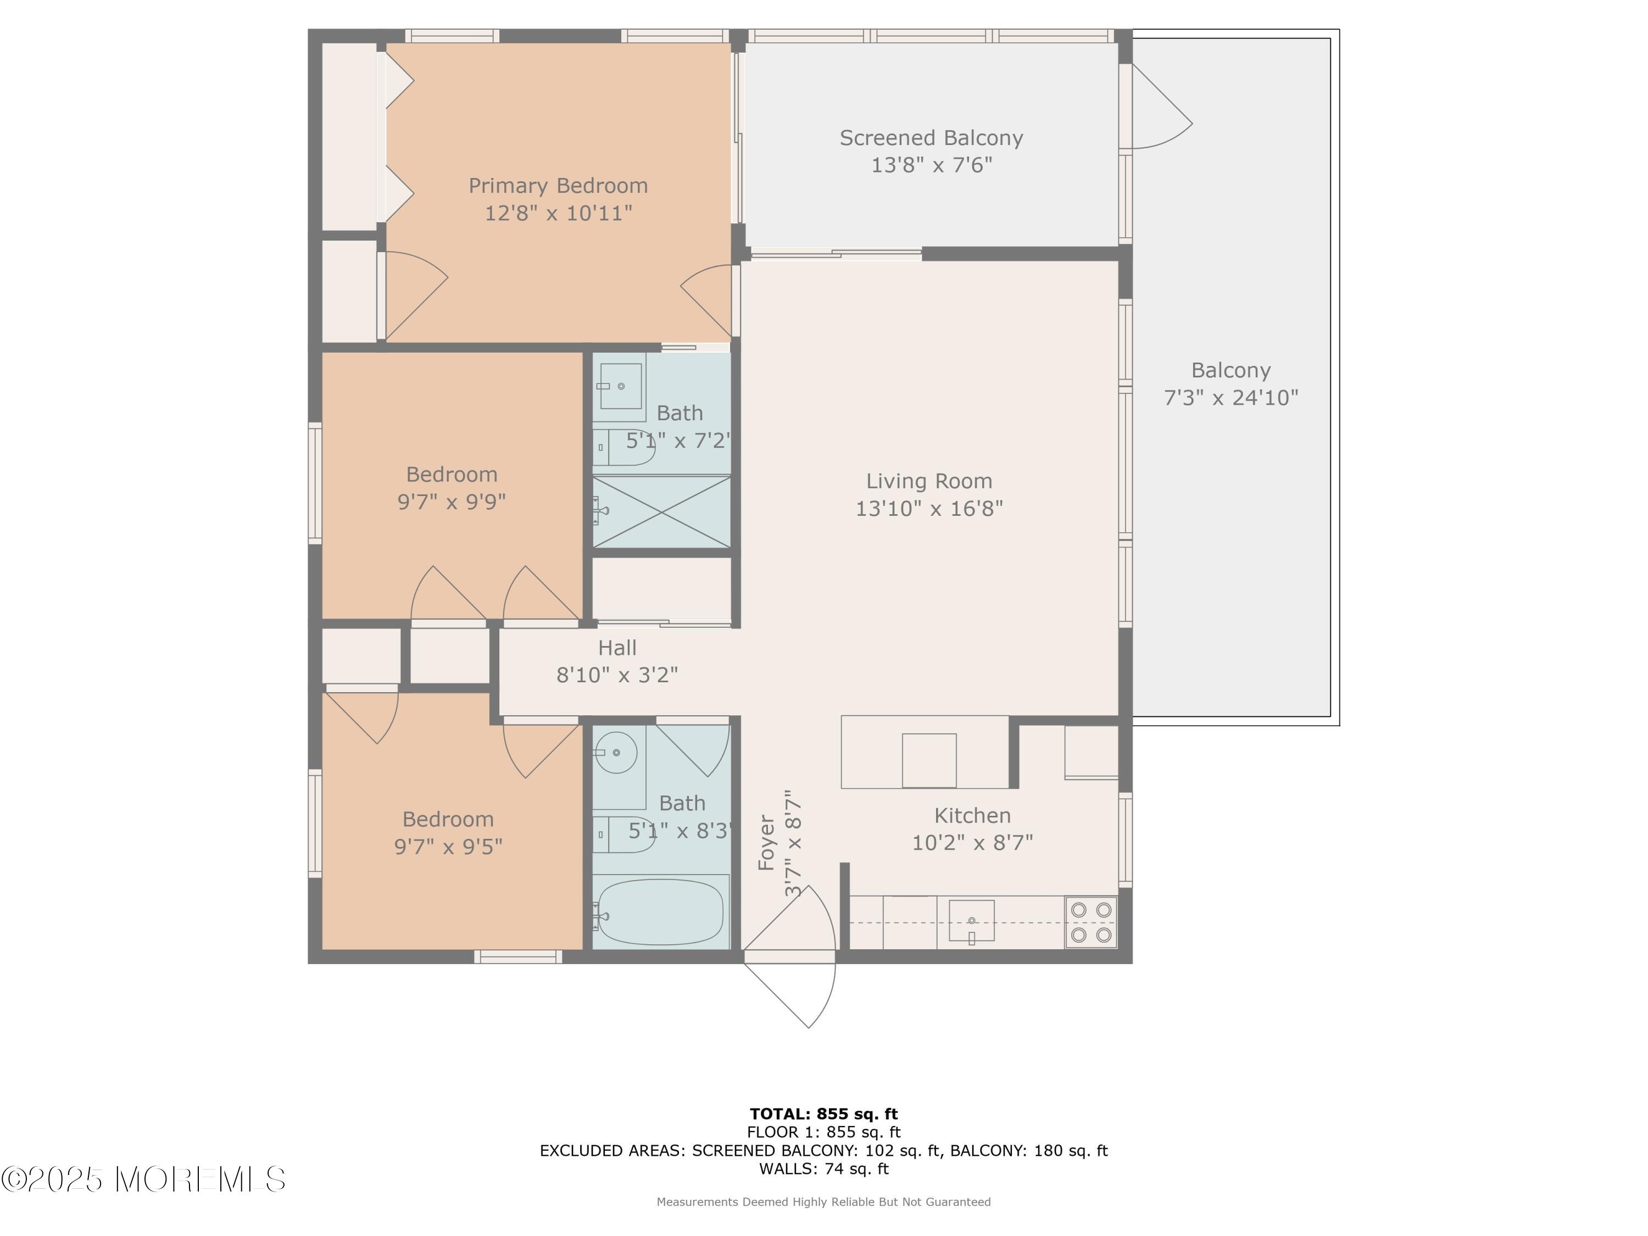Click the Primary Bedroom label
pos(558,186)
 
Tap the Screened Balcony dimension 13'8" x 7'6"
pos(931,165)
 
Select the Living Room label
pos(928,481)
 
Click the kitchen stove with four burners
pos(1091,922)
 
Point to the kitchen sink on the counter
pos(972,921)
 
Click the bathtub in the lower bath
pos(660,912)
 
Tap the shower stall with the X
pos(661,512)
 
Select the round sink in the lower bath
pos(617,753)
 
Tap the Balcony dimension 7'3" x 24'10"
pos(1231,398)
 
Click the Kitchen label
pos(972,816)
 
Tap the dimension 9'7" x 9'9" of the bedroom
pos(452,502)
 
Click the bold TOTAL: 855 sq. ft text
pos(823,1114)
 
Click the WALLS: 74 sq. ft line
pos(823,1168)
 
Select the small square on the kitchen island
pos(929,760)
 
